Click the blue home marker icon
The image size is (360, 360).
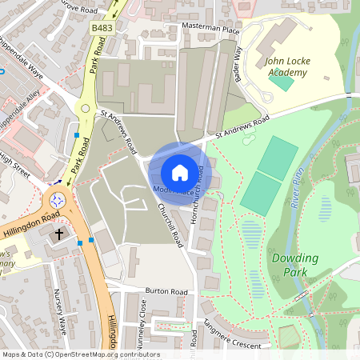point(180,173)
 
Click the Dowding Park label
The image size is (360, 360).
point(294,265)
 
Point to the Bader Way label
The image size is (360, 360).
point(238,63)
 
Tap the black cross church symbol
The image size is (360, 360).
point(59,235)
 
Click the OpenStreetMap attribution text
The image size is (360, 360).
point(80,354)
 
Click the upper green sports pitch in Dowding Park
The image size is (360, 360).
point(278,157)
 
